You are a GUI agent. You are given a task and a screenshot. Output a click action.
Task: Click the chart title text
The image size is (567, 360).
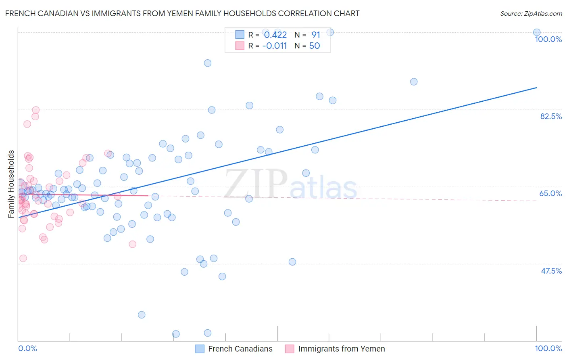coord(182,13)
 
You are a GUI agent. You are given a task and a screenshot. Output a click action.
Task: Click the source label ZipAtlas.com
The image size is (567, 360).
coord(531,13)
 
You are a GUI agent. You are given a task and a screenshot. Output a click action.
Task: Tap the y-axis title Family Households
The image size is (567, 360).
coord(11,184)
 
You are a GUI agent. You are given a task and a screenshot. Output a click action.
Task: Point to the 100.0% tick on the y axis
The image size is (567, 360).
coord(548,39)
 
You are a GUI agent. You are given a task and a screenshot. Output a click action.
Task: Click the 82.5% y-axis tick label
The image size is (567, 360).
coord(551,116)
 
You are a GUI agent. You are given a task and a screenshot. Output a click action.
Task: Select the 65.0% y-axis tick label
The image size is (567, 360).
coord(550,193)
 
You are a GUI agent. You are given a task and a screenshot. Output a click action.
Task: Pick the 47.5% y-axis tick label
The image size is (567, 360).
coord(551,271)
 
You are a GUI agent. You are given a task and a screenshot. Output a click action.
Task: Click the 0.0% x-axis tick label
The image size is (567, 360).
coord(27,348)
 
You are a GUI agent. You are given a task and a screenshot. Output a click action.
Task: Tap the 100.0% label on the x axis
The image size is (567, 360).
coord(548,348)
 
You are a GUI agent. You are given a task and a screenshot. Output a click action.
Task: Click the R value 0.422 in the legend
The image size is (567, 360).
coord(275,35)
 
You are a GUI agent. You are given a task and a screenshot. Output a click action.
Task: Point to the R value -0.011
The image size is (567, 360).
coord(274,46)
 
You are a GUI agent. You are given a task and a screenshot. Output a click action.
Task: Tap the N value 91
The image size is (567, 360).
coord(315,35)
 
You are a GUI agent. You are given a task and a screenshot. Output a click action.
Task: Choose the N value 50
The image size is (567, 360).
coord(314,46)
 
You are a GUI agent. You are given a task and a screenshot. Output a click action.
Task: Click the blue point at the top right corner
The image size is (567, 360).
coord(536,33)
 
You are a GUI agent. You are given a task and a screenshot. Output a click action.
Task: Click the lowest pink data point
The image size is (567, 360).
coord(23,258)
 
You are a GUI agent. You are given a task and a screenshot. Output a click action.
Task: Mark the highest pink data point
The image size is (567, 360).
coord(35,110)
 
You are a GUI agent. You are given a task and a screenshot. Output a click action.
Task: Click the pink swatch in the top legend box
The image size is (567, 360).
coord(240,46)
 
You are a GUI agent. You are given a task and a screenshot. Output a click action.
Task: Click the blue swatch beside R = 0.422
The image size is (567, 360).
coord(240,35)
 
